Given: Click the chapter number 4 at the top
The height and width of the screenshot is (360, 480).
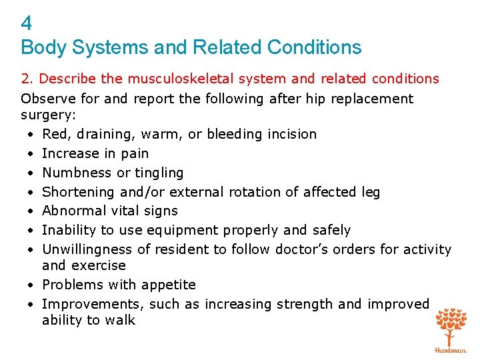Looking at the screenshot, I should click(x=26, y=25).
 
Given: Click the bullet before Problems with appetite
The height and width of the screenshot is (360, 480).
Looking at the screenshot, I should click(x=31, y=285).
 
